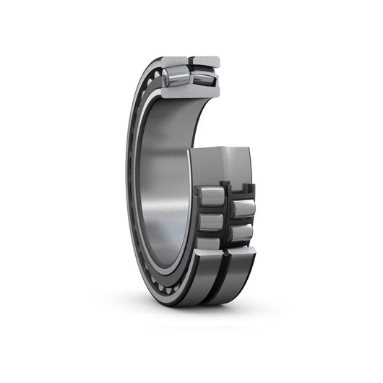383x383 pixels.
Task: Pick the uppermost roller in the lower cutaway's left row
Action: pos(211,194)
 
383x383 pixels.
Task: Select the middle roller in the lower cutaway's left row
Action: pos(211,218)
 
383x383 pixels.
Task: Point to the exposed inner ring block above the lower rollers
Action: pos(225,165)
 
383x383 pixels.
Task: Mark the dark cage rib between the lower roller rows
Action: pos(227,217)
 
